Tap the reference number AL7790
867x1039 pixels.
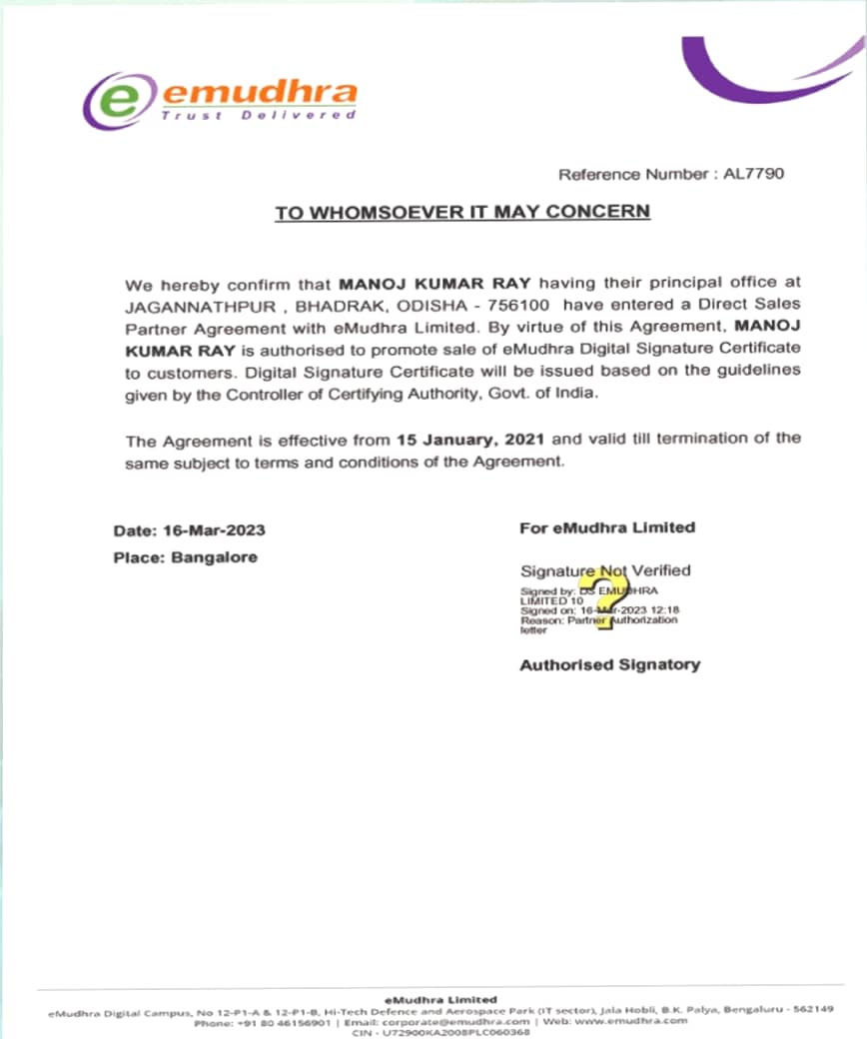coord(758,174)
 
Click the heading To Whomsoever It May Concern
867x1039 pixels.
coord(462,212)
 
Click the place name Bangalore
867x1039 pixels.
coord(214,557)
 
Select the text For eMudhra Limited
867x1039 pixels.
coord(607,527)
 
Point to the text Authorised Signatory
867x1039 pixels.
coord(609,664)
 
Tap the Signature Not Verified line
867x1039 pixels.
coord(605,570)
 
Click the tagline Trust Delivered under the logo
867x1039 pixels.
coord(259,116)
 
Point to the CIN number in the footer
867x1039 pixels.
coord(440,1032)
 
